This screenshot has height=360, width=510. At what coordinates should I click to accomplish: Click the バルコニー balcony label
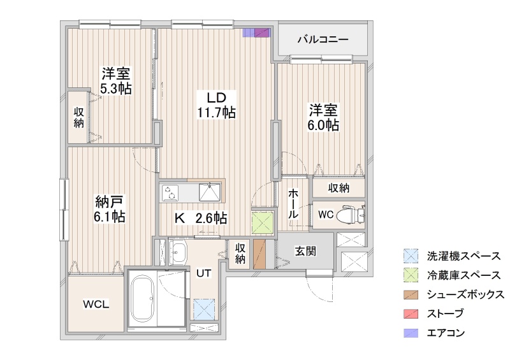tap(323, 40)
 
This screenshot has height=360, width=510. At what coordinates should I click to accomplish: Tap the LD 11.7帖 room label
tap(216, 104)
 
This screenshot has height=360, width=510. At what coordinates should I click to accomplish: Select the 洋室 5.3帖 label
tap(116, 81)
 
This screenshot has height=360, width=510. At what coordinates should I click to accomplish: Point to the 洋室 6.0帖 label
tap(323, 117)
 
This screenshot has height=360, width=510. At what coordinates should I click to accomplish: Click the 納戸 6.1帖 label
tap(110, 209)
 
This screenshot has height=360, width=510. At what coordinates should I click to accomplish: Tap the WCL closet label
tap(96, 305)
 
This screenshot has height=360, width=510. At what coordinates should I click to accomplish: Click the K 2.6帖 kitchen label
tap(201, 218)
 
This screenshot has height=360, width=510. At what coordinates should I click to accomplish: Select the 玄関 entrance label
tap(305, 251)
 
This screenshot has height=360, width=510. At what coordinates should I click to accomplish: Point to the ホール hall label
tap(293, 204)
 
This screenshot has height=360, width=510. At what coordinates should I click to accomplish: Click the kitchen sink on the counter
tap(210, 192)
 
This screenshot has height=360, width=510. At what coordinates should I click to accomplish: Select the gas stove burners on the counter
tap(170, 192)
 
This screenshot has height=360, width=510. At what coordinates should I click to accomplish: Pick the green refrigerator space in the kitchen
tap(263, 223)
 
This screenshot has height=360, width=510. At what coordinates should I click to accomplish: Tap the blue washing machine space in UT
tap(204, 309)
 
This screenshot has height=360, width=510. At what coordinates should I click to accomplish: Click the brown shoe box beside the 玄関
tap(259, 254)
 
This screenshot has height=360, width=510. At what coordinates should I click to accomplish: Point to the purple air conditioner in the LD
tap(257, 33)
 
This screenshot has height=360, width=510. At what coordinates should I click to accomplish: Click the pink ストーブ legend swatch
tap(411, 314)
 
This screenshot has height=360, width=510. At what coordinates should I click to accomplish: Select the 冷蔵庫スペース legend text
tap(463, 275)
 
